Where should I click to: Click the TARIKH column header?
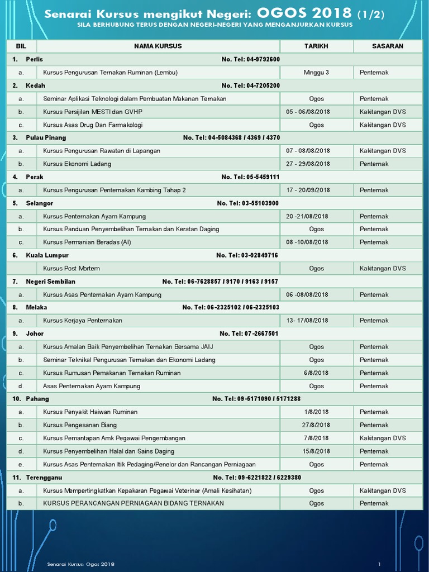(x=316, y=46)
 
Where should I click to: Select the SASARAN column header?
(x=388, y=46)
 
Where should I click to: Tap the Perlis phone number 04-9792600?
(x=250, y=59)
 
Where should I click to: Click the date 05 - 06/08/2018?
(x=308, y=112)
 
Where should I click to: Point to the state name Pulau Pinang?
(x=46, y=137)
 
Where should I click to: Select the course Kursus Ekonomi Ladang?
(x=77, y=164)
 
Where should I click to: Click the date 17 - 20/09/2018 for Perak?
(x=308, y=190)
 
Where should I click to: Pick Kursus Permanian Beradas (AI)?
(x=87, y=242)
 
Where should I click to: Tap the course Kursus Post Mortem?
(x=71, y=268)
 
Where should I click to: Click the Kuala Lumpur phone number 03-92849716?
(x=247, y=255)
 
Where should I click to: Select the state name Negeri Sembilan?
(x=50, y=282)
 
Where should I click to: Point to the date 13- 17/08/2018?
(x=307, y=321)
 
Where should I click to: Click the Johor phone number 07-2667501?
(x=249, y=333)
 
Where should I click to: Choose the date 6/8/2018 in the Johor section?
(x=316, y=373)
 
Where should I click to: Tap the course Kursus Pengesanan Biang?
(x=80, y=425)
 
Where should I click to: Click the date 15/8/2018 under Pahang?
(x=316, y=451)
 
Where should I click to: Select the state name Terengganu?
(x=44, y=478)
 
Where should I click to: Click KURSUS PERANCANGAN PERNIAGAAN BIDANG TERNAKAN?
(x=134, y=503)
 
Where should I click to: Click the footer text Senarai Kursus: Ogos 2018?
(x=81, y=564)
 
